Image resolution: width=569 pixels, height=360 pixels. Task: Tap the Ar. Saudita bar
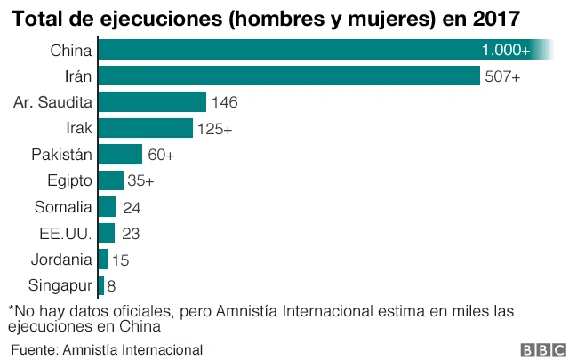click(x=152, y=102)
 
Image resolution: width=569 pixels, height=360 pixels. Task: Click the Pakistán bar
click(x=120, y=155)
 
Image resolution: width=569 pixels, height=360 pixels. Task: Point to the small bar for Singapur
click(x=101, y=285)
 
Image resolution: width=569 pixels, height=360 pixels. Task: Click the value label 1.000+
click(x=505, y=50)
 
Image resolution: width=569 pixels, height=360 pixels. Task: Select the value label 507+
click(x=502, y=76)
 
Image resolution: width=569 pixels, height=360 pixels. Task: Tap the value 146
click(x=225, y=102)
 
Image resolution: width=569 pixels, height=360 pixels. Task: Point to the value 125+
click(x=215, y=129)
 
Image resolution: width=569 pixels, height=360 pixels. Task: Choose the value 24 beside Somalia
click(x=131, y=207)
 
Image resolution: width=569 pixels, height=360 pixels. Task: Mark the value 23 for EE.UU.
click(x=130, y=234)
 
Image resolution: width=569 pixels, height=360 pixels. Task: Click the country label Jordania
click(x=60, y=260)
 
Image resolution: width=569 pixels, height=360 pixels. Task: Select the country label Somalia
click(x=63, y=207)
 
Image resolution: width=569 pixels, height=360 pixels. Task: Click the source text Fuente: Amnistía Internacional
click(x=107, y=350)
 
